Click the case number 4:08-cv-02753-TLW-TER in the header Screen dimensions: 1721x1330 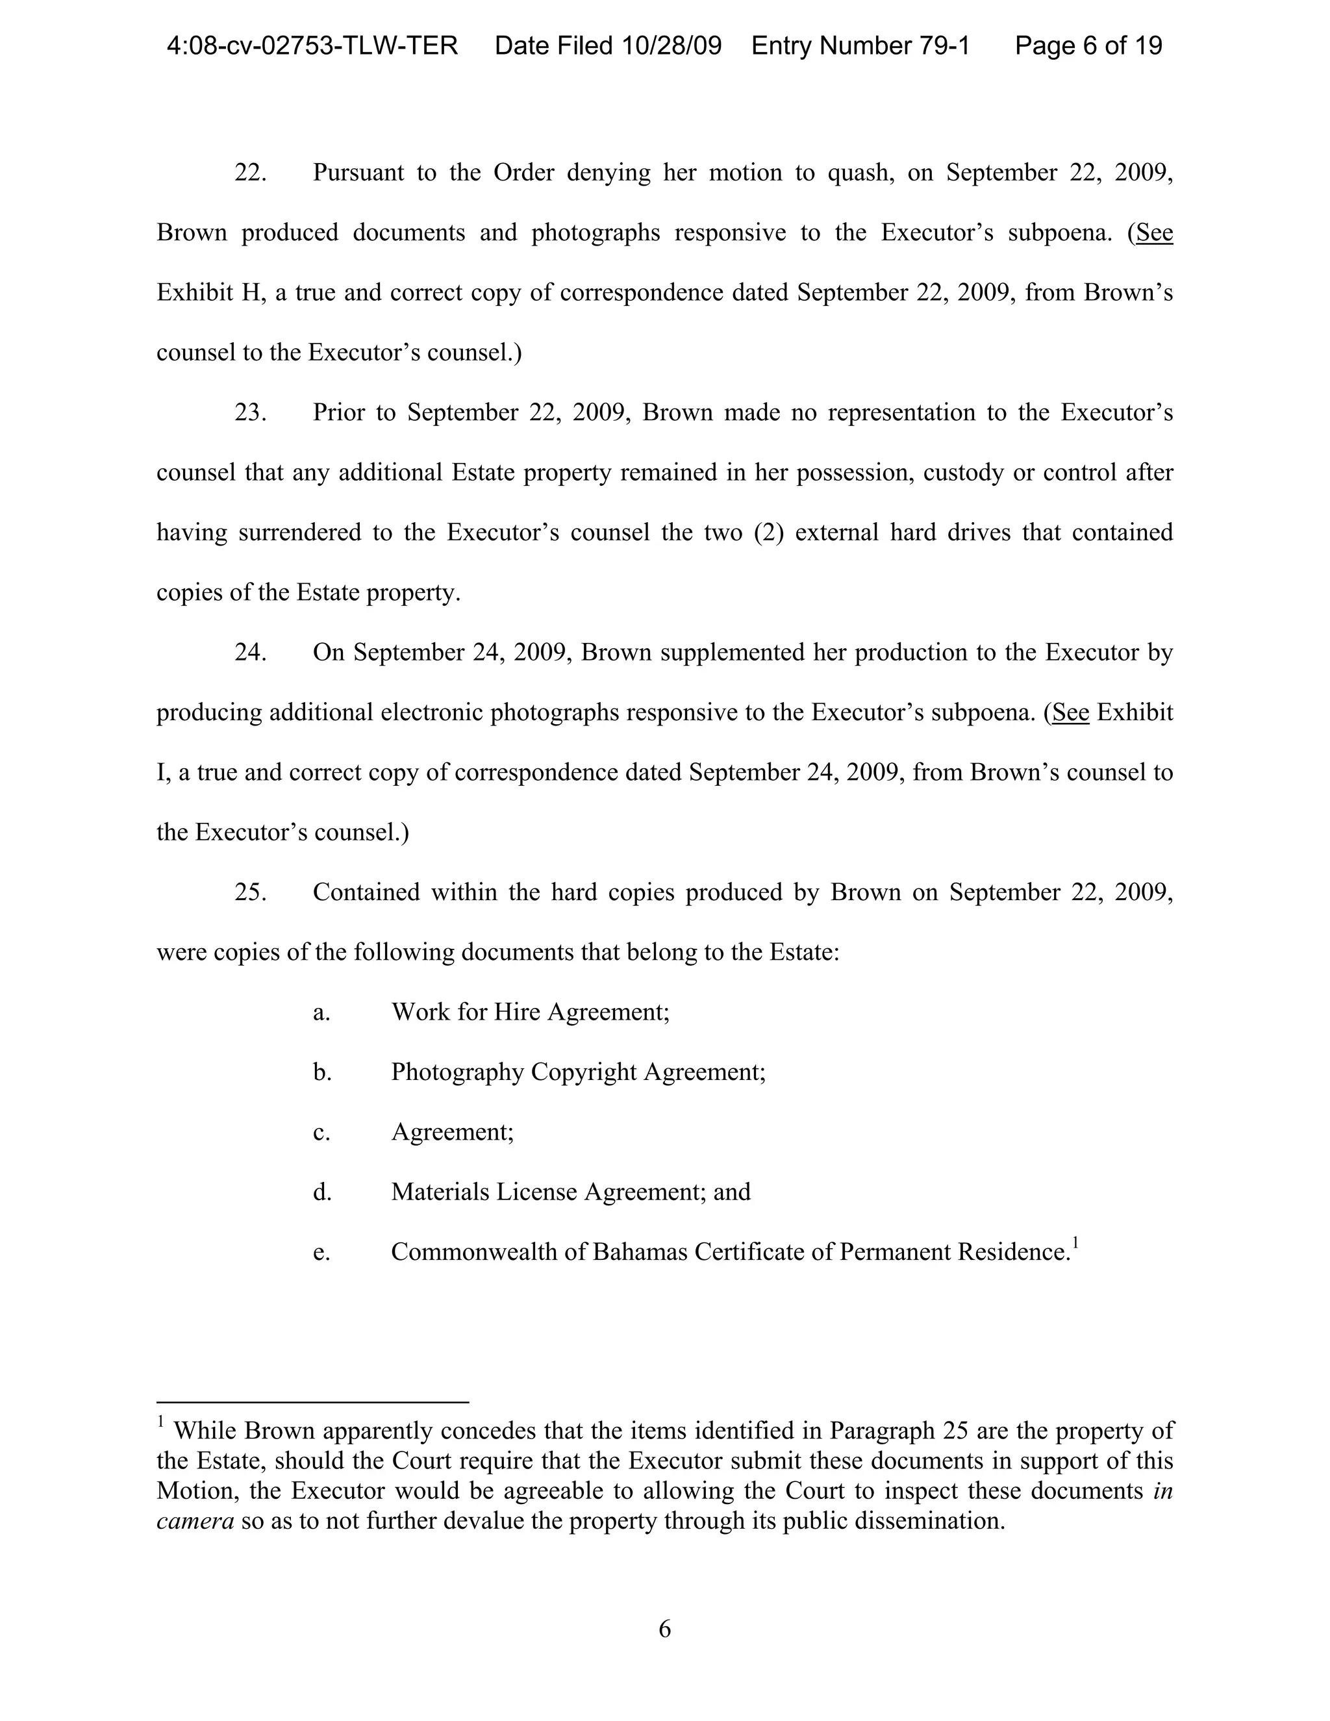pos(312,45)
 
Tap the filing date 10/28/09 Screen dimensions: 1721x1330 pos(670,45)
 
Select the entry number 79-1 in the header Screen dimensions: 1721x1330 pos(943,45)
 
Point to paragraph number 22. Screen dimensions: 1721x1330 pos(250,173)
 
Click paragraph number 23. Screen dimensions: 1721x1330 pos(250,412)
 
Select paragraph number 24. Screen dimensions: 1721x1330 pos(250,653)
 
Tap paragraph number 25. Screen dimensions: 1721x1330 pos(250,892)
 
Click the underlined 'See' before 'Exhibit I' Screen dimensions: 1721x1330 pos(1071,712)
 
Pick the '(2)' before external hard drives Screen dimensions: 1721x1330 pos(768,533)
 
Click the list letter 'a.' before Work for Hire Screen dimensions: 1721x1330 pos(321,1012)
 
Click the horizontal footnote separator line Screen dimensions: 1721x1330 pos(313,1402)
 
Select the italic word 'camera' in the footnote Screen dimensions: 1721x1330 pos(195,1521)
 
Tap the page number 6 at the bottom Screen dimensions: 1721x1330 pos(664,1629)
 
